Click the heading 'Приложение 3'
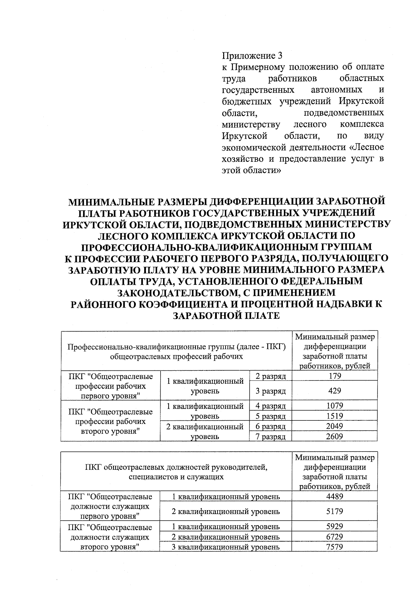pyautogui.click(x=252, y=56)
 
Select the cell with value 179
pyautogui.click(x=335, y=376)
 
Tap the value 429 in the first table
pyautogui.click(x=335, y=391)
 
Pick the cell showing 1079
pyautogui.click(x=335, y=405)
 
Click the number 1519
pyautogui.click(x=335, y=416)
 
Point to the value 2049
pyautogui.click(x=335, y=426)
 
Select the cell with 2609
pyautogui.click(x=335, y=436)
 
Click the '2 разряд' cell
pyautogui.click(x=271, y=376)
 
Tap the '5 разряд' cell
pyautogui.click(x=271, y=416)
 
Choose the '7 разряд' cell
pyautogui.click(x=271, y=436)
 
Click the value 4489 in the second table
pyautogui.click(x=335, y=496)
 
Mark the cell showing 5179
pyautogui.click(x=335, y=511)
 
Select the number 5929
pyautogui.click(x=335, y=526)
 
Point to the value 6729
pyautogui.click(x=335, y=536)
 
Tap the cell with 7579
pyautogui.click(x=335, y=547)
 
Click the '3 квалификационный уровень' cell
pyautogui.click(x=226, y=547)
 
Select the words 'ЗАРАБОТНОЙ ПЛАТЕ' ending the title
pyautogui.click(x=227, y=316)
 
